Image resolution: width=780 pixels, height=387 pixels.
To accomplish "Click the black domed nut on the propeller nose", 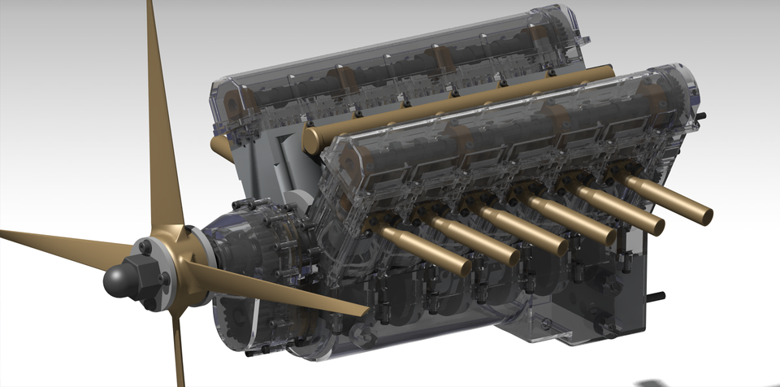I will pos(120,278).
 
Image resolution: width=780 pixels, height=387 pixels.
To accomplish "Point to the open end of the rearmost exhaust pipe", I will pos(706,215).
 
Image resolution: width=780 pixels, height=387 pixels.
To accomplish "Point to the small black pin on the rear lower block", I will pos(656,294).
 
